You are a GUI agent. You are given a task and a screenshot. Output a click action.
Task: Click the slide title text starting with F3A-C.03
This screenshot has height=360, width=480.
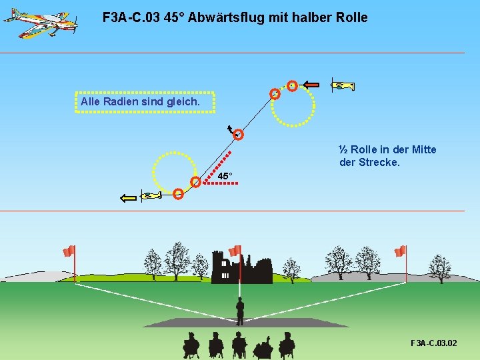coord(235,17)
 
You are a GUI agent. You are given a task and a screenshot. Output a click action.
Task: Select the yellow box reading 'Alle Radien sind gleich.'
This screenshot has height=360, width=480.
coord(145,102)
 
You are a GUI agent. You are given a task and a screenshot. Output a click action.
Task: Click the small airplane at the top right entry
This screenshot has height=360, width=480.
coord(343,85)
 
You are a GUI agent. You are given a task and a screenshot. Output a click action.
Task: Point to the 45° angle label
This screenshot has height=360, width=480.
coord(225,176)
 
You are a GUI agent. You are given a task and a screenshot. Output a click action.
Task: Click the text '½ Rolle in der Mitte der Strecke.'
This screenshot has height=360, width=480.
coord(387,156)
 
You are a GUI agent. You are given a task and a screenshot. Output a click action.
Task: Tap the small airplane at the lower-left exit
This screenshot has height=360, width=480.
coord(151,196)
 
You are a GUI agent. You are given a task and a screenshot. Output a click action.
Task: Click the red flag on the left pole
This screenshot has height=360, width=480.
coord(69,251)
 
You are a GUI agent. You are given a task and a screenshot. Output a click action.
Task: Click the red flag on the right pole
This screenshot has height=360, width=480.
coord(400,251)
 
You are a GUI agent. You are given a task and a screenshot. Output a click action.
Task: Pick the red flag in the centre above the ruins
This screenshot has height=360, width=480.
coord(234,251)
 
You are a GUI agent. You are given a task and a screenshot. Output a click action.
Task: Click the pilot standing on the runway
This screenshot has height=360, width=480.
coord(239,310)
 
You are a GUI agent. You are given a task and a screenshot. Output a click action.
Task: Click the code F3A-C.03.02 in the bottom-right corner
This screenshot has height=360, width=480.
coord(433,343)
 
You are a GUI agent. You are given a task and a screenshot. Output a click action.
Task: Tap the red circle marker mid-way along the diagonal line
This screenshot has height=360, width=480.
coord(238,135)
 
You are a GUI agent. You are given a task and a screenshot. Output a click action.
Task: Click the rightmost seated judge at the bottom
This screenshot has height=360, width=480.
coord(287,345)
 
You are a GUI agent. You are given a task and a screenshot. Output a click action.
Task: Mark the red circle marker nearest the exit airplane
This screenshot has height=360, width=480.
coord(179,194)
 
